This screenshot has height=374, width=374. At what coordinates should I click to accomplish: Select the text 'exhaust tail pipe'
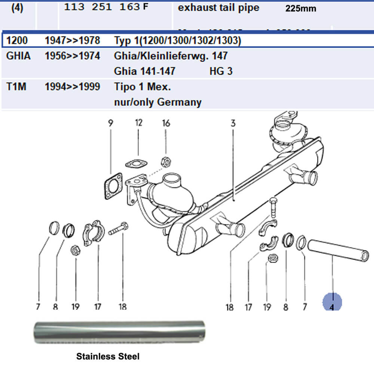(218, 8)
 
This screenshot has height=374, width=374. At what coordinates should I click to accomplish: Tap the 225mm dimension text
(300, 9)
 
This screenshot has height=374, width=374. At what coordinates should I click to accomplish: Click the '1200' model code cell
(17, 40)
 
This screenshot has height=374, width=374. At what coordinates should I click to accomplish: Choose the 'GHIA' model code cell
(18, 56)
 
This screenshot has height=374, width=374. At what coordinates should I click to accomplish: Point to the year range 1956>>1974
(72, 56)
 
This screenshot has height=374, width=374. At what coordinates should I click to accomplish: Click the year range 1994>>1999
(72, 87)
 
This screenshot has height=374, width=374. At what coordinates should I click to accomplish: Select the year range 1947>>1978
(72, 40)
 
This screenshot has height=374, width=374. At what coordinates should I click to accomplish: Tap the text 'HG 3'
(221, 71)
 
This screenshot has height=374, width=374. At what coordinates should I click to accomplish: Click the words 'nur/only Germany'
(157, 102)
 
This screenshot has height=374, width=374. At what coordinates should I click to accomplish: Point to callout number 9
(111, 123)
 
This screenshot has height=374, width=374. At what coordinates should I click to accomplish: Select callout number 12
(139, 123)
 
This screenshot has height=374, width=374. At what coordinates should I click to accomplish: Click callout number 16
(166, 123)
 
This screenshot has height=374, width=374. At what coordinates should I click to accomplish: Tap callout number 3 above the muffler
(233, 123)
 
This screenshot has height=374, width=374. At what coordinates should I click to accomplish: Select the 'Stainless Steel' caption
(108, 356)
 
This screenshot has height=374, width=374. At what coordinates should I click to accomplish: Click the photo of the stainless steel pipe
(119, 332)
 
